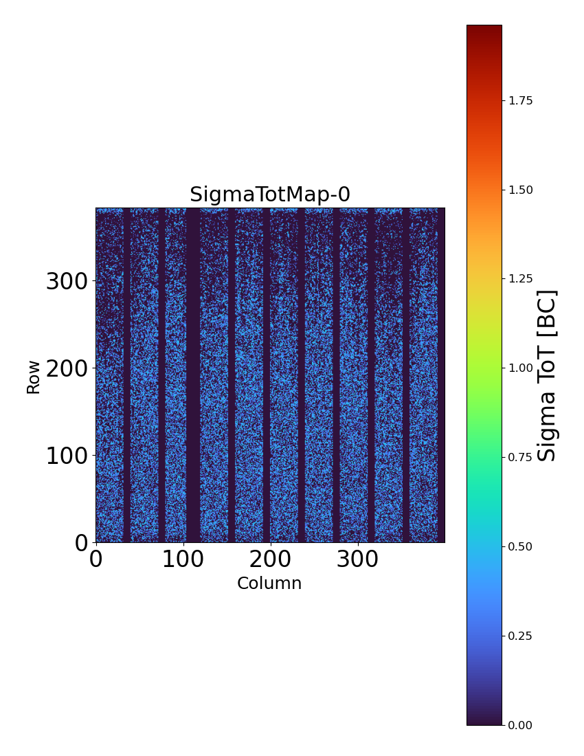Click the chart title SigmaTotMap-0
(x=270, y=195)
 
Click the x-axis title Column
(x=269, y=583)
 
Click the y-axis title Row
(x=34, y=377)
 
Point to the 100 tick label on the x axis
(x=183, y=559)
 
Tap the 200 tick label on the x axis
(x=270, y=559)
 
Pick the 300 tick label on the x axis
(x=357, y=559)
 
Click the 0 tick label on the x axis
(x=96, y=559)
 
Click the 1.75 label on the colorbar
(x=520, y=101)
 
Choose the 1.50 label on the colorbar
(x=520, y=190)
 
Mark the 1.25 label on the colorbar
(x=520, y=279)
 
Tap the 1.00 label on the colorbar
(x=520, y=368)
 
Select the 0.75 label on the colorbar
(x=520, y=458)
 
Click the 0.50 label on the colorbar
(x=520, y=546)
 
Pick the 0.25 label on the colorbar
(x=520, y=636)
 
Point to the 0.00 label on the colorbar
(x=520, y=725)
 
